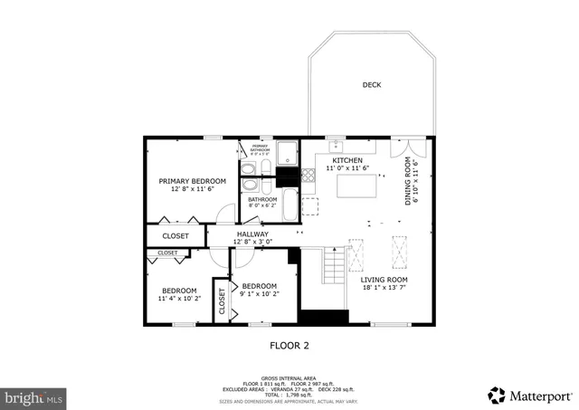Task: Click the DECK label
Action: pos(372,85)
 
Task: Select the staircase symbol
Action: pos(334,266)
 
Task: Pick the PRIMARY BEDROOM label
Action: pos(192,181)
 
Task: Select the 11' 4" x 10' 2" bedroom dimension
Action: pos(178,298)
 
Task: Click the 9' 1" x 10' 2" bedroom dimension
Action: pos(260,293)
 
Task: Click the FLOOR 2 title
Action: pos(289,345)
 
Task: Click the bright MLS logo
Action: pos(34,396)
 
